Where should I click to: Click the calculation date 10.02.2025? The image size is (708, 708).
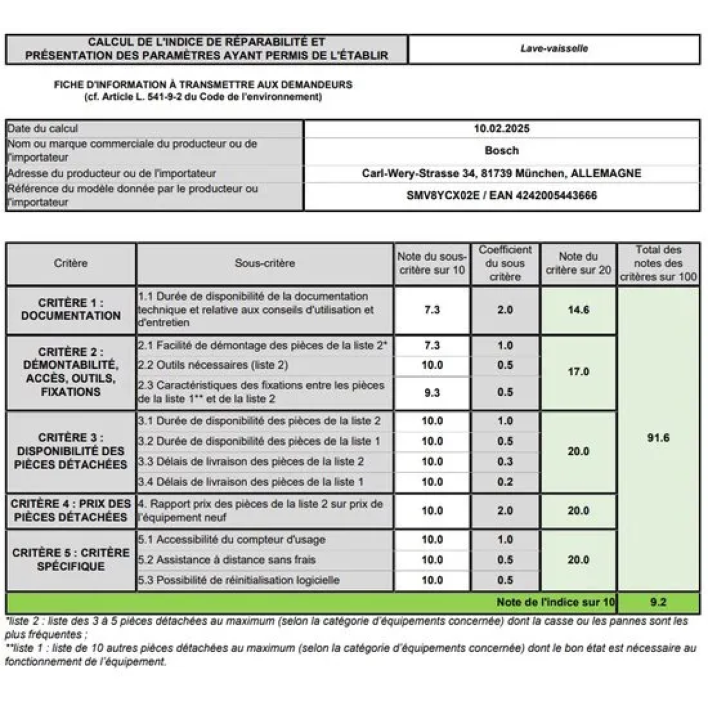[x=501, y=129]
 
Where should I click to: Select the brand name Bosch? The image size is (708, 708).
[x=501, y=150]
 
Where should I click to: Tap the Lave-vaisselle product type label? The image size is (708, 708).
[x=554, y=48]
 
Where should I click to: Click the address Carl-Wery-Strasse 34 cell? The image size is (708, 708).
[x=501, y=173]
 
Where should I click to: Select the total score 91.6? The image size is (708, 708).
[x=658, y=438]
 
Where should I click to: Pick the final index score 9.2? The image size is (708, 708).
[x=658, y=602]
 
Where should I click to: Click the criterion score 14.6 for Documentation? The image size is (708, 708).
[x=578, y=310]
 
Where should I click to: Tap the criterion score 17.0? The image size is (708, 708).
[x=578, y=372]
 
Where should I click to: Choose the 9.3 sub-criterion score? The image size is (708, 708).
[x=432, y=392]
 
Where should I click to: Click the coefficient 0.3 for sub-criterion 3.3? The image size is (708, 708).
[x=505, y=461]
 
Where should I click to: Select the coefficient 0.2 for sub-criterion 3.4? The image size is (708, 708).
[x=505, y=482]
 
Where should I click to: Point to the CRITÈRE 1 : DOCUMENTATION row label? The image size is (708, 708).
[x=71, y=309]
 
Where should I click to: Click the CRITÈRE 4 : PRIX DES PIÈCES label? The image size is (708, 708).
[x=71, y=510]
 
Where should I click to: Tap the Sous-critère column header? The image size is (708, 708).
[x=264, y=263]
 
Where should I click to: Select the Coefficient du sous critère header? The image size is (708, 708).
[x=505, y=263]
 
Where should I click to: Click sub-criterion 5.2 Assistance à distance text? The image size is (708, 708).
[x=227, y=559]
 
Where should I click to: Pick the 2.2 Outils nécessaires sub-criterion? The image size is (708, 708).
[x=213, y=365]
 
